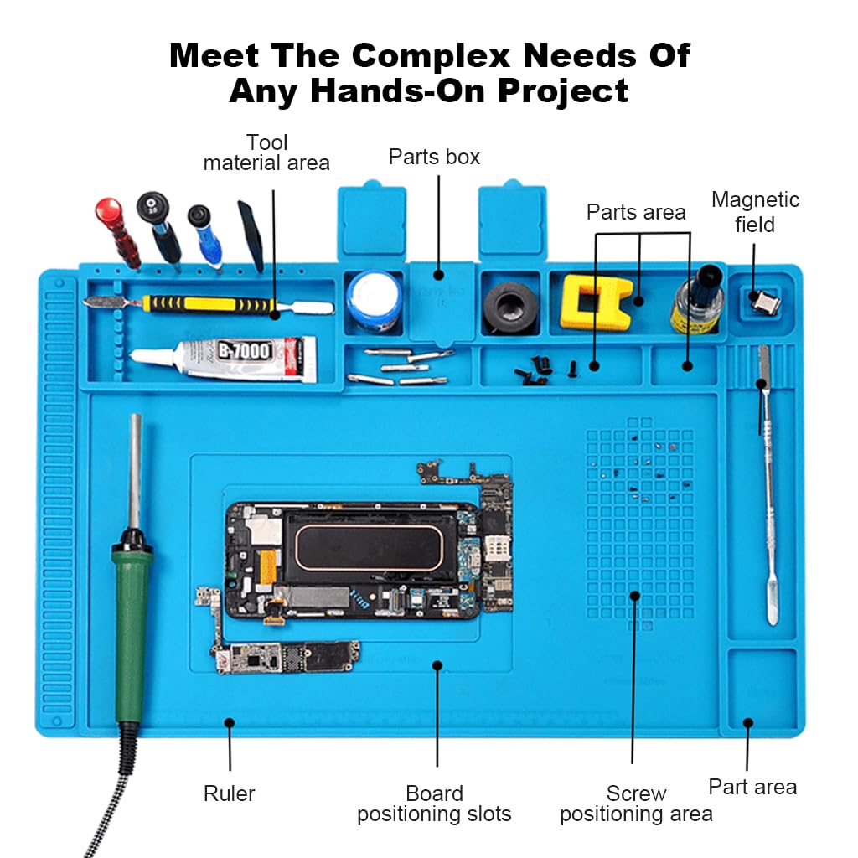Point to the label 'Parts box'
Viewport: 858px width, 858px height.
[x=434, y=157]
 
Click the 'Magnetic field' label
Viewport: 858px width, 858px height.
[x=755, y=212]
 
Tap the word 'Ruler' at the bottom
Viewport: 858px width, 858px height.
[x=229, y=793]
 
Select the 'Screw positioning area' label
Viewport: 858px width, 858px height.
[x=636, y=804]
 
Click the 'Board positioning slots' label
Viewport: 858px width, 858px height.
[x=434, y=804]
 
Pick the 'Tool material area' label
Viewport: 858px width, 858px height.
[x=266, y=152]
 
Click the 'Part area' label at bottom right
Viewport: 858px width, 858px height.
[x=752, y=787]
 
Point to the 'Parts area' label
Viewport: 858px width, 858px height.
[x=636, y=212]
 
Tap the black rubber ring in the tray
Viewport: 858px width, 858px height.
[x=510, y=304]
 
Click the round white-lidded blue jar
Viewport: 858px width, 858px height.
[x=375, y=300]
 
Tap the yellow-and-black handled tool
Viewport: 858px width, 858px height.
[x=209, y=303]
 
